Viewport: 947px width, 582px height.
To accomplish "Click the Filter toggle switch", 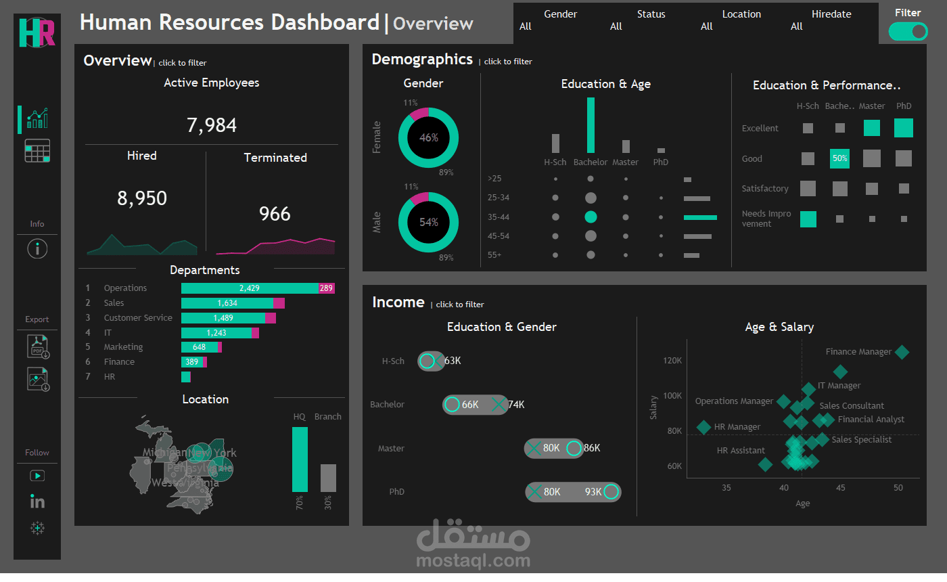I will [x=908, y=32].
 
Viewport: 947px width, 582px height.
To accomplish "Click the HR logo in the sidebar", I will [x=37, y=32].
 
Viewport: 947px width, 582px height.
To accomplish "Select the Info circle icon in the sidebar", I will [x=37, y=249].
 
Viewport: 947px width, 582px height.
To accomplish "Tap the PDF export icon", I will [x=37, y=346].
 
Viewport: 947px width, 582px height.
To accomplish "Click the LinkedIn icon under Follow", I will [x=37, y=501].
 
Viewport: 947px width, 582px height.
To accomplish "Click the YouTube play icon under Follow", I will [x=37, y=476].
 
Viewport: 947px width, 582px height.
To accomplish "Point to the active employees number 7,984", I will [x=212, y=125].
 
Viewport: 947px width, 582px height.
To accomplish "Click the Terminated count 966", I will [x=275, y=214].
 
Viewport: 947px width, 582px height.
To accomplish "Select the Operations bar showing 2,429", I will [x=250, y=288].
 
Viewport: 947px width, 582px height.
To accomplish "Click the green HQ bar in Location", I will [x=300, y=459].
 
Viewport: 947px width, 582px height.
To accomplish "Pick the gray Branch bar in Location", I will [x=328, y=478].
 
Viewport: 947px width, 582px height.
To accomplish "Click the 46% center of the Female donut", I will [x=428, y=137].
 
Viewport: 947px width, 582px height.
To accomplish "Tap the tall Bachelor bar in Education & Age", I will [x=591, y=125].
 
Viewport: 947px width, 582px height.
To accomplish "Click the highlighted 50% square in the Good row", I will [x=839, y=158].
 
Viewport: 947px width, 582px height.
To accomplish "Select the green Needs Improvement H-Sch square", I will [x=808, y=219].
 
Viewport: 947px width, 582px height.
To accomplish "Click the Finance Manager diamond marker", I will [x=902, y=352].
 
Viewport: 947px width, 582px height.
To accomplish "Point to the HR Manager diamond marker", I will [x=703, y=427].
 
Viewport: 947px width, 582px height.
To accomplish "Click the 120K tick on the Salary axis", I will [x=672, y=361].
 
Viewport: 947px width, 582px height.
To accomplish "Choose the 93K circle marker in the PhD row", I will [x=611, y=492].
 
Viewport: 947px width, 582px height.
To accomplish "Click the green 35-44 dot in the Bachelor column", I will [x=591, y=217].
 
